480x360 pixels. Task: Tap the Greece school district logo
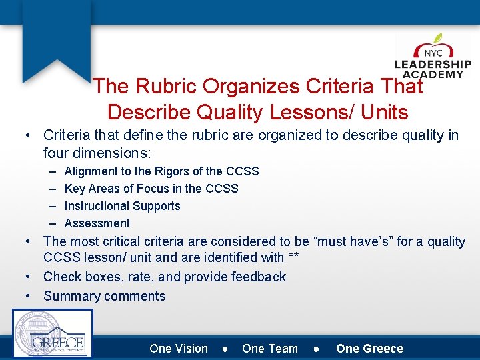tap(53, 333)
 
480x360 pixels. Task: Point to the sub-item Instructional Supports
tap(122, 206)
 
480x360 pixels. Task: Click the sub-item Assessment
tap(97, 223)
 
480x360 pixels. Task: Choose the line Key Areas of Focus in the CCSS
tap(151, 189)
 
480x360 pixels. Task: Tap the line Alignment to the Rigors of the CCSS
tap(161, 171)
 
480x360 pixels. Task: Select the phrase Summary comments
tap(105, 296)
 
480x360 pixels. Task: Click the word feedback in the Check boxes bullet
tap(259, 277)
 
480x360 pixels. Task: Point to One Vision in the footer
tap(179, 349)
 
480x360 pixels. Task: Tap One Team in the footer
tap(270, 349)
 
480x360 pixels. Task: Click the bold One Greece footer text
tap(369, 349)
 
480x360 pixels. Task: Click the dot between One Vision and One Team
tap(225, 349)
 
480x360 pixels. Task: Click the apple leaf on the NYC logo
tap(437, 39)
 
